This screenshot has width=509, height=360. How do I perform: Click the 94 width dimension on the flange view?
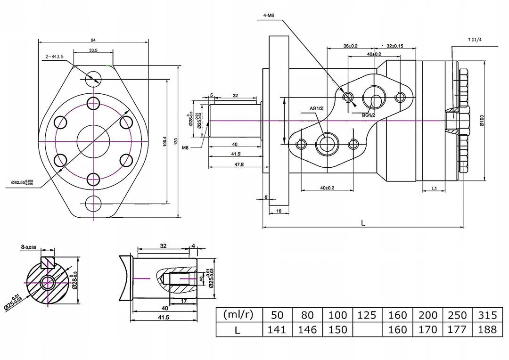pyautogui.click(x=93, y=40)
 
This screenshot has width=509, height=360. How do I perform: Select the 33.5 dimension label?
pyautogui.click(x=92, y=50)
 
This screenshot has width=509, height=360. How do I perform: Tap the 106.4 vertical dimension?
pyautogui.click(x=164, y=141)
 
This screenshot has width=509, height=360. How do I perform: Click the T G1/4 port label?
pyautogui.click(x=475, y=40)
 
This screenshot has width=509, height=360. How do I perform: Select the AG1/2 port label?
pyautogui.click(x=316, y=109)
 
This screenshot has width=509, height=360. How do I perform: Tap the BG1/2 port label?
pyautogui.click(x=369, y=115)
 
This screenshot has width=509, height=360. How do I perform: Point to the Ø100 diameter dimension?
pyautogui.click(x=482, y=121)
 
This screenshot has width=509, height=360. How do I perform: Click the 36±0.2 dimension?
pyautogui.click(x=350, y=46)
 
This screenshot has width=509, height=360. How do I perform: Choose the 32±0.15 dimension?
pyautogui.click(x=395, y=46)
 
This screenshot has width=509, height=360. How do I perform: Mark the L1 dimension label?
pyautogui.click(x=435, y=188)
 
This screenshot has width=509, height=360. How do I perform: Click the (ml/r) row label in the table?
pyautogui.click(x=238, y=315)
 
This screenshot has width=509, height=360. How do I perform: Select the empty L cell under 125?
pyautogui.click(x=368, y=329)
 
